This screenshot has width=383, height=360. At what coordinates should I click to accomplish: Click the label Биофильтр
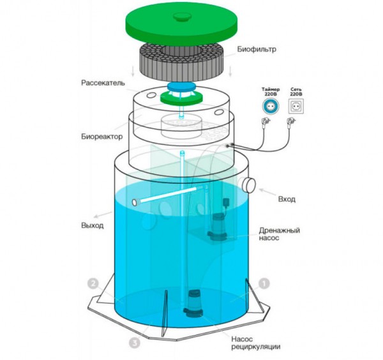point(257,49)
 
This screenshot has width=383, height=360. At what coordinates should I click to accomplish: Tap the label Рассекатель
point(103,83)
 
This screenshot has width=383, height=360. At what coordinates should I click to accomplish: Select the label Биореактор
point(101,137)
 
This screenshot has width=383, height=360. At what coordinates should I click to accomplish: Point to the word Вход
point(287,199)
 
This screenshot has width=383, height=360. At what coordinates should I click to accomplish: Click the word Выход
point(93,225)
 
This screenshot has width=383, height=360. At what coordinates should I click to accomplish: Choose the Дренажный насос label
point(279,234)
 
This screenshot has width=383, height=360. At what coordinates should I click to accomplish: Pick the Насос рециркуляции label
point(256,343)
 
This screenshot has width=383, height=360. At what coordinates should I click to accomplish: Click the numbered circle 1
point(264,284)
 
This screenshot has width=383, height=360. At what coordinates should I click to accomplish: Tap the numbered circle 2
point(93,284)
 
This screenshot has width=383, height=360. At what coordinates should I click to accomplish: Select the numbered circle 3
point(135,343)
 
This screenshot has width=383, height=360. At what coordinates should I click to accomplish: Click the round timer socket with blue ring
point(271,106)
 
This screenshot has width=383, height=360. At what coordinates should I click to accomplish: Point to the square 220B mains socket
point(296,106)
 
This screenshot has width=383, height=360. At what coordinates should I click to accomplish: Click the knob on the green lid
point(182,17)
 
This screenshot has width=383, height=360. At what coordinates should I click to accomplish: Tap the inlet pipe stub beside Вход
point(249,185)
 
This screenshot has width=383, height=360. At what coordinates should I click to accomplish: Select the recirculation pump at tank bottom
point(193,304)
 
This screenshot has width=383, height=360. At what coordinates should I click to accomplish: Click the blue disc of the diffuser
point(181,86)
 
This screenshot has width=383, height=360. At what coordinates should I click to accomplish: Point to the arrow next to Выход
point(103,214)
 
